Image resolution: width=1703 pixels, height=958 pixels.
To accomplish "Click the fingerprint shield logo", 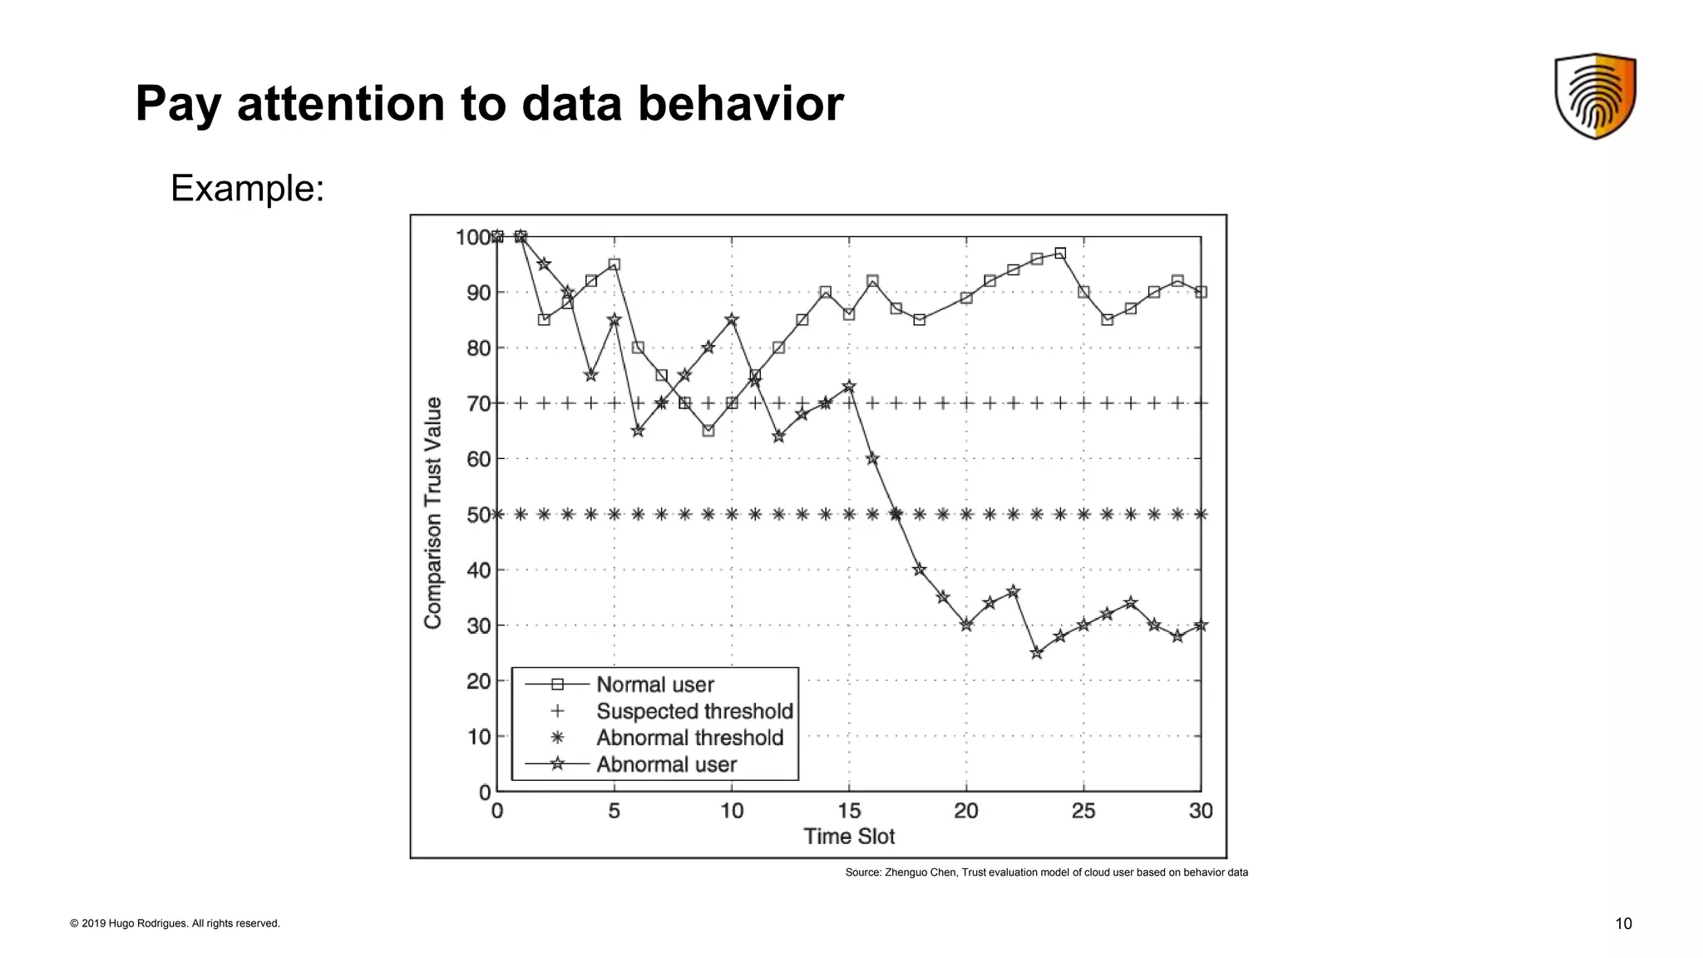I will [1595, 96].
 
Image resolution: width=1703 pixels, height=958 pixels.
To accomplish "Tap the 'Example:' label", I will [247, 189].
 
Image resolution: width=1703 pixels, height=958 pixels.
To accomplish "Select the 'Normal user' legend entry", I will [654, 684].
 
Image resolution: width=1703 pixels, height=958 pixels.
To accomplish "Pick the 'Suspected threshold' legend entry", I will [694, 711].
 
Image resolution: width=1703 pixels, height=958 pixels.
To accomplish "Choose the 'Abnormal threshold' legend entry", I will [689, 738].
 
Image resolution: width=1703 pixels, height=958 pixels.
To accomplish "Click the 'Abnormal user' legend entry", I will [666, 764].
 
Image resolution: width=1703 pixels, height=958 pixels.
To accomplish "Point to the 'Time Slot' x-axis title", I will [849, 837].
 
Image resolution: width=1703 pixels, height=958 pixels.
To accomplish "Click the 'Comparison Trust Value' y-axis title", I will [433, 513].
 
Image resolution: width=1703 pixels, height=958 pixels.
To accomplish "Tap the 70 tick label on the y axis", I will [478, 404].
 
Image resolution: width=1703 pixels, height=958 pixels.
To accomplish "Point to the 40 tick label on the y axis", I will [478, 570].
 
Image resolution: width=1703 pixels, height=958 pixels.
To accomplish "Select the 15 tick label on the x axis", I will [849, 811].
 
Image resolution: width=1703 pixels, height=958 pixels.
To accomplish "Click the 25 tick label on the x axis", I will [1084, 811].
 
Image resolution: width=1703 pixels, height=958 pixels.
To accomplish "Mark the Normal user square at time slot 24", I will [1060, 254].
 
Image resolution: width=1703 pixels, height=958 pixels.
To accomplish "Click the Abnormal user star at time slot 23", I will [1037, 653].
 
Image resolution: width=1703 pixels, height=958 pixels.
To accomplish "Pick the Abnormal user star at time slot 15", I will [849, 387].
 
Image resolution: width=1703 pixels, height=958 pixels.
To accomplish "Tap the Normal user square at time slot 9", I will [708, 431].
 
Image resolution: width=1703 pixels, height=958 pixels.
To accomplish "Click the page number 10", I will [1623, 924].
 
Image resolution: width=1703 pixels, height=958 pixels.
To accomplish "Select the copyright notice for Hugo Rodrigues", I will [175, 924].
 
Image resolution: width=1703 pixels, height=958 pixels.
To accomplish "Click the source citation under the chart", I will [1046, 872].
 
